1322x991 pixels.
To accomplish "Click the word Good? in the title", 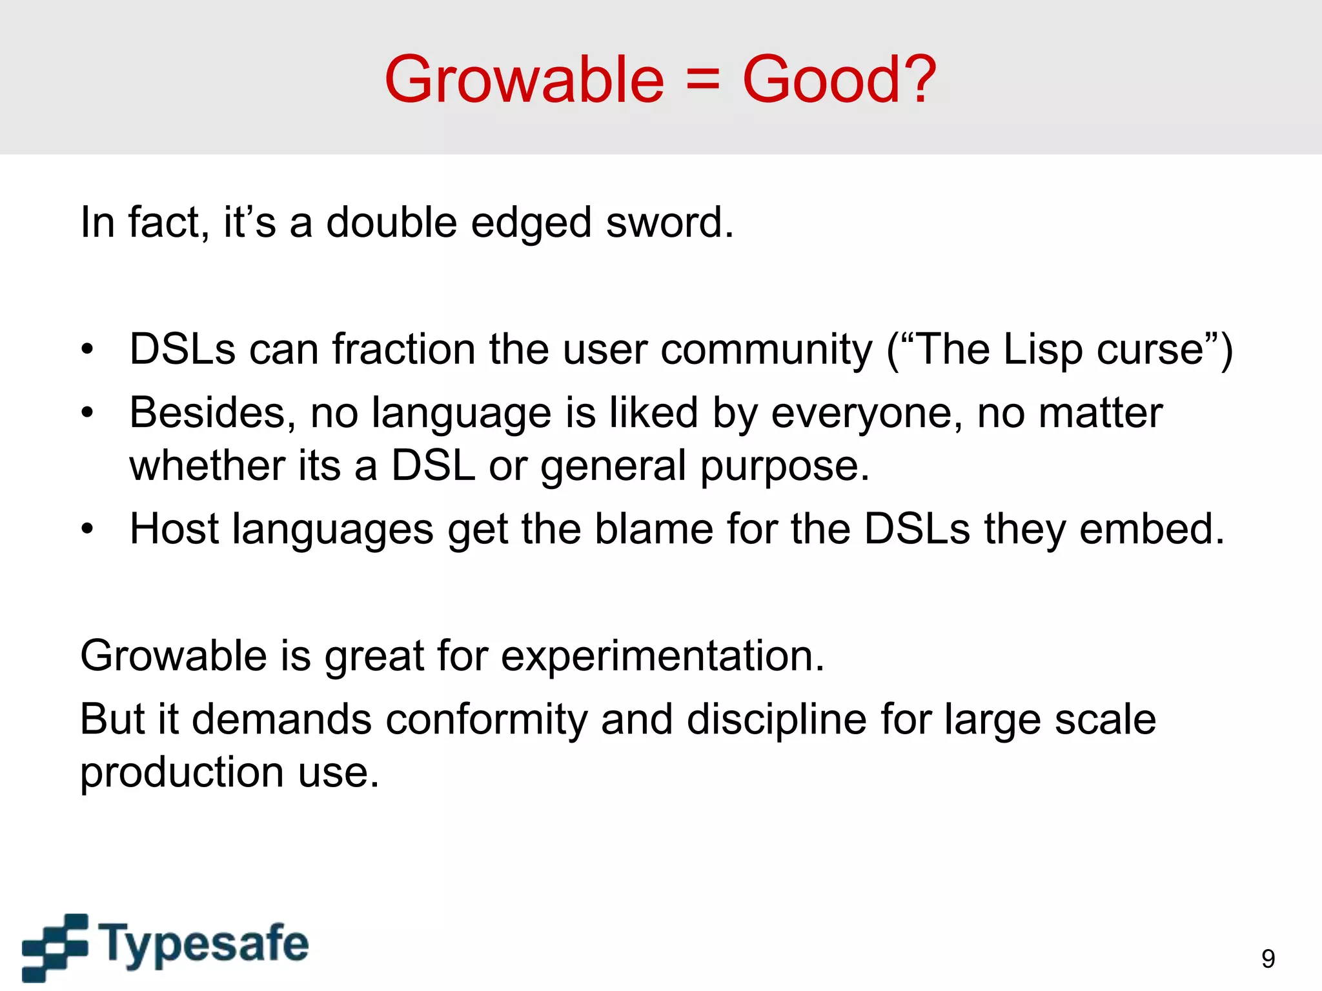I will click(839, 80).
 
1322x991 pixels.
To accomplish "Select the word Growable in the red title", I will click(524, 80).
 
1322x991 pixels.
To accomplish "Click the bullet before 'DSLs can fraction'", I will click(88, 350).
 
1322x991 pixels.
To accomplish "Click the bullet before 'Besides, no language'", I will click(88, 413).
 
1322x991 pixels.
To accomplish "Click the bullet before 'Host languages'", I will click(88, 530).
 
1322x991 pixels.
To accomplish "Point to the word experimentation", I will click(662, 656).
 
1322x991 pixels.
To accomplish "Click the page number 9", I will click(1268, 959).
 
